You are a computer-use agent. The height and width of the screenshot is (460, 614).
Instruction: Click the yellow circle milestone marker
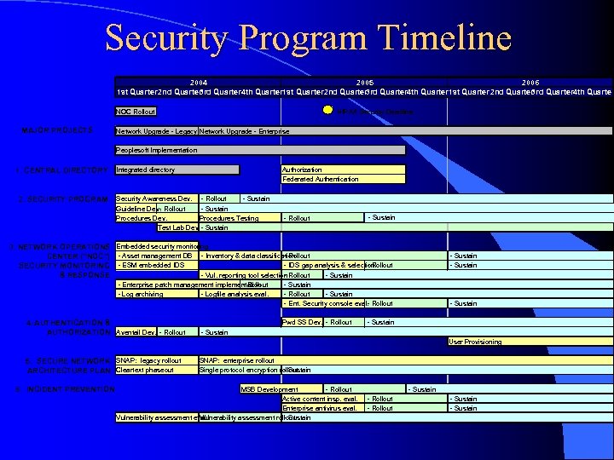pyautogui.click(x=327, y=111)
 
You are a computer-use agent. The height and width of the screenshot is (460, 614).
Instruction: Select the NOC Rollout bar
pyautogui.click(x=136, y=112)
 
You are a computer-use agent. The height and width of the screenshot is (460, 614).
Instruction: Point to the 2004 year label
pyautogui.click(x=198, y=82)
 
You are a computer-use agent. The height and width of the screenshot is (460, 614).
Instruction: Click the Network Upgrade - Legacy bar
pyautogui.click(x=156, y=131)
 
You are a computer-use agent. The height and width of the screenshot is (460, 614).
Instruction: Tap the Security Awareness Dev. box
pyautogui.click(x=157, y=198)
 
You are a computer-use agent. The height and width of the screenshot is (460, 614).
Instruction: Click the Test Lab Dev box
pyautogui.click(x=177, y=227)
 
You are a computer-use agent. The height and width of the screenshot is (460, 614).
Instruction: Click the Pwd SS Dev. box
pyautogui.click(x=302, y=322)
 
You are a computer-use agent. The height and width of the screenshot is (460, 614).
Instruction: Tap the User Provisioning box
pyautogui.click(x=530, y=342)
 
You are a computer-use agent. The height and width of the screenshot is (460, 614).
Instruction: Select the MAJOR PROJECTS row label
pyautogui.click(x=59, y=131)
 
